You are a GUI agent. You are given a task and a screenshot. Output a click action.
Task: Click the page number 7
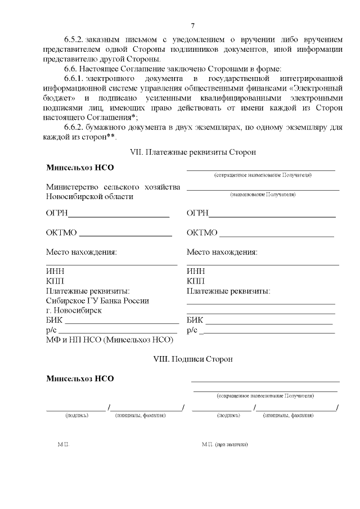[x=193, y=25]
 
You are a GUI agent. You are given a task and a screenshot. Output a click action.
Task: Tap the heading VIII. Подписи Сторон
[x=192, y=358]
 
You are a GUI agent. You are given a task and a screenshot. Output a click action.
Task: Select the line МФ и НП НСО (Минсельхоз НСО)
[x=110, y=340]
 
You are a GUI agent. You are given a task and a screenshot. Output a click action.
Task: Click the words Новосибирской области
[x=90, y=196]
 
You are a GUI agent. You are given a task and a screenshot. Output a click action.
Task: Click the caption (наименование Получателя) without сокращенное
[x=263, y=195]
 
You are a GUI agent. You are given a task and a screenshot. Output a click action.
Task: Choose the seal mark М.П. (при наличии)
[x=224, y=444]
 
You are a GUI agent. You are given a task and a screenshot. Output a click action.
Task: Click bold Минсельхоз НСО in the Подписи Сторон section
[x=80, y=379]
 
